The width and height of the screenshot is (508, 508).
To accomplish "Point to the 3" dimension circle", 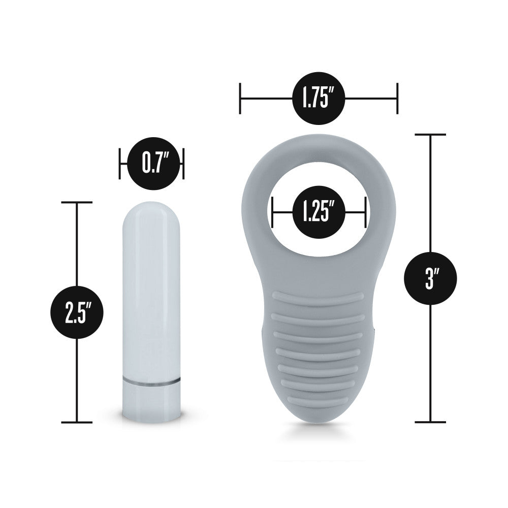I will pyautogui.click(x=430, y=278).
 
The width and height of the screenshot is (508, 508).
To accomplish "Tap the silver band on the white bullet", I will pyautogui.click(x=151, y=379).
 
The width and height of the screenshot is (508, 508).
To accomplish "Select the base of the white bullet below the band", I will pyautogui.click(x=151, y=401).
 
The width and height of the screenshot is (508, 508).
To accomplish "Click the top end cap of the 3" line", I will pyautogui.click(x=430, y=135).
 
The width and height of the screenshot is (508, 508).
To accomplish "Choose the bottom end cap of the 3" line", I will pyautogui.click(x=430, y=422).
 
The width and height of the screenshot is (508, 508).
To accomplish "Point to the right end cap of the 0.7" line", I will pyautogui.click(x=183, y=164).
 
